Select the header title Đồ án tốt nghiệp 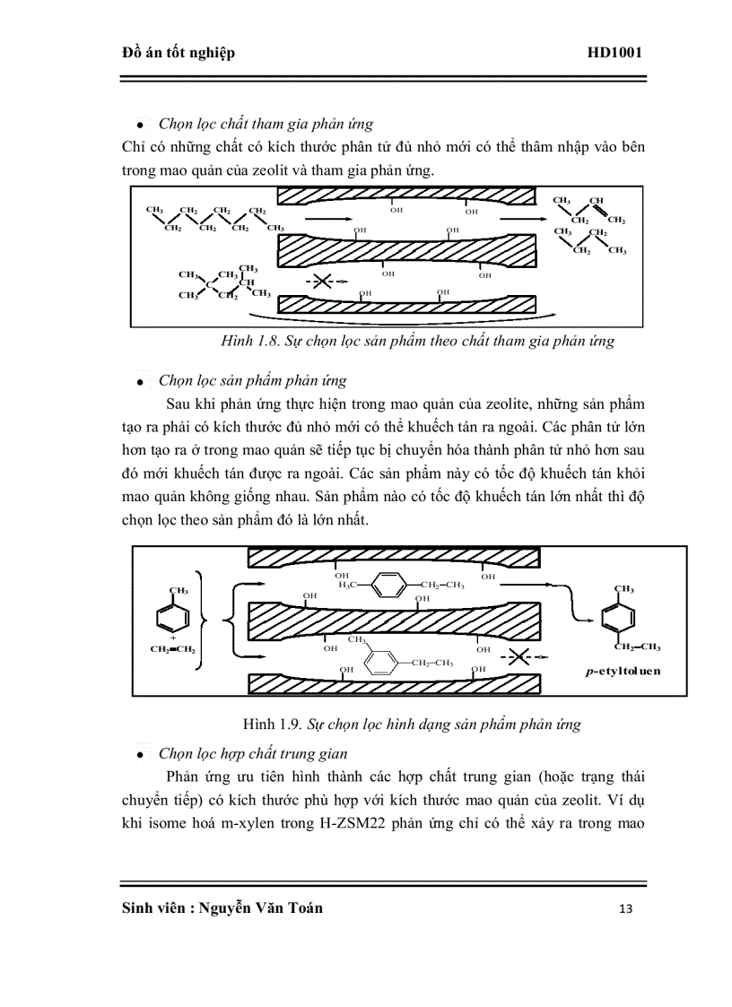(x=178, y=53)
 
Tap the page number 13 (x=625, y=908)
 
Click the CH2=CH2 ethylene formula (x=172, y=648)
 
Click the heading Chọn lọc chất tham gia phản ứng (x=266, y=124)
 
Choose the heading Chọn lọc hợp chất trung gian (x=253, y=753)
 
